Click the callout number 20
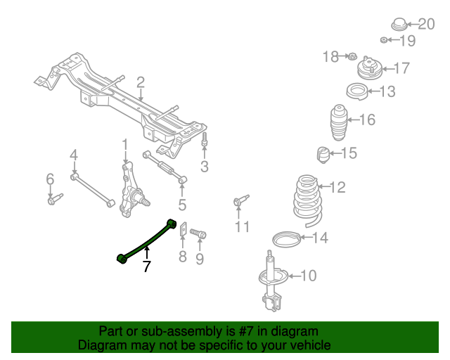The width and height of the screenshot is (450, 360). (x=426, y=24)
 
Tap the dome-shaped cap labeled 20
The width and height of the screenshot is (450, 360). (x=399, y=23)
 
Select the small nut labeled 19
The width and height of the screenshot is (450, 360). (x=385, y=39)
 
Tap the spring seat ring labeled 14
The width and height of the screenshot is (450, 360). (x=285, y=238)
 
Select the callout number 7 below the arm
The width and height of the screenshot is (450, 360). (x=146, y=267)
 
